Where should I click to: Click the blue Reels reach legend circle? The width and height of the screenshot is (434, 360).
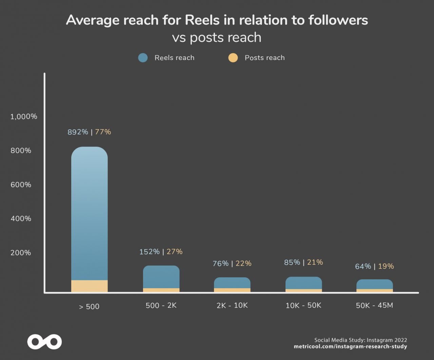pyautogui.click(x=143, y=58)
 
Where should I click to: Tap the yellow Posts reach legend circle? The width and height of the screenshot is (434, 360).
pyautogui.click(x=233, y=58)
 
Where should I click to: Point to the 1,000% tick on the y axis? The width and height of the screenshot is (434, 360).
pyautogui.click(x=24, y=117)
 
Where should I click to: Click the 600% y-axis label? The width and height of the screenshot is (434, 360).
pyautogui.click(x=21, y=185)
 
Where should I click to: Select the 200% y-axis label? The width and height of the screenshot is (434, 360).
pyautogui.click(x=21, y=253)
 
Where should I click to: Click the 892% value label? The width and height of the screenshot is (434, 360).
pyautogui.click(x=78, y=132)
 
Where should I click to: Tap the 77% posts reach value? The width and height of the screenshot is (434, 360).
pyautogui.click(x=103, y=132)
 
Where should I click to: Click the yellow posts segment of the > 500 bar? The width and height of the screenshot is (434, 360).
pyautogui.click(x=90, y=286)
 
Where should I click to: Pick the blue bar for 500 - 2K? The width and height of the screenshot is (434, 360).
pyautogui.click(x=161, y=277)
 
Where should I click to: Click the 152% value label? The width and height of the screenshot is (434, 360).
pyautogui.click(x=150, y=252)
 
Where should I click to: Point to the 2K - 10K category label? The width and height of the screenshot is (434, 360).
pyautogui.click(x=232, y=305)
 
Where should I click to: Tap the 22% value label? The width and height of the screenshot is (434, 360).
pyautogui.click(x=243, y=263)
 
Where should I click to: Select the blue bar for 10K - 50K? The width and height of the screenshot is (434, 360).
pyautogui.click(x=303, y=283)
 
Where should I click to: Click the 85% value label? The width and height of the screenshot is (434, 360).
pyautogui.click(x=292, y=262)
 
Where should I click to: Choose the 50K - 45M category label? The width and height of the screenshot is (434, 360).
pyautogui.click(x=374, y=305)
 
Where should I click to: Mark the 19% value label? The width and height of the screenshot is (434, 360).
pyautogui.click(x=386, y=266)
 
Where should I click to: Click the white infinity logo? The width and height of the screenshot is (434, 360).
pyautogui.click(x=44, y=342)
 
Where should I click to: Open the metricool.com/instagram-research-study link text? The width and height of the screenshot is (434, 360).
pyautogui.click(x=350, y=346)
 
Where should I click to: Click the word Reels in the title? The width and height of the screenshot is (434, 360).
pyautogui.click(x=202, y=20)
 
